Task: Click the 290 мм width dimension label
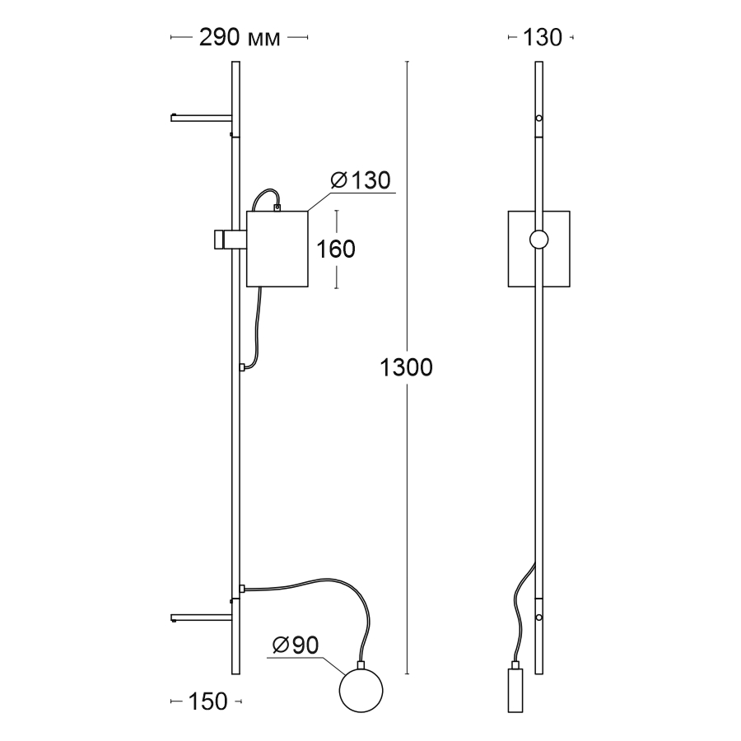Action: pyautogui.click(x=240, y=37)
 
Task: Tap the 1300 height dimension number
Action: pyautogui.click(x=407, y=367)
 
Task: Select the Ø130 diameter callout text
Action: pyautogui.click(x=361, y=180)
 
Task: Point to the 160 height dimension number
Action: pyautogui.click(x=336, y=249)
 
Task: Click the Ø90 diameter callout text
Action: pyautogui.click(x=296, y=645)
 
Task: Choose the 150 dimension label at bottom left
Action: pyautogui.click(x=208, y=701)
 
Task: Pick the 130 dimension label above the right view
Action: pyautogui.click(x=542, y=37)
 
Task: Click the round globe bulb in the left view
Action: pyautogui.click(x=361, y=691)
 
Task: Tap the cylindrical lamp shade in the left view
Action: pyautogui.click(x=277, y=249)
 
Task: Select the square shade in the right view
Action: pyautogui.click(x=538, y=249)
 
